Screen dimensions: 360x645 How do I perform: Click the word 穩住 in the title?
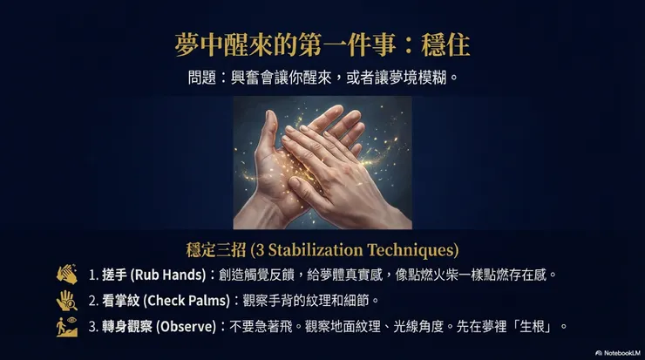pos(450,44)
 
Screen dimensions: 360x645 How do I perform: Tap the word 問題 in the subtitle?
pos(201,77)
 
